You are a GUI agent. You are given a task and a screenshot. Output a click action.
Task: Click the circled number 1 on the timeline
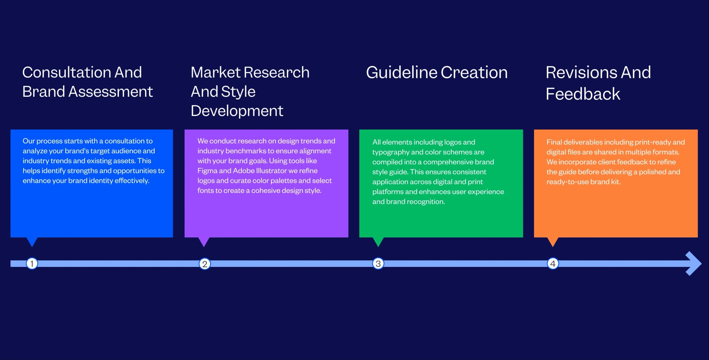(32, 264)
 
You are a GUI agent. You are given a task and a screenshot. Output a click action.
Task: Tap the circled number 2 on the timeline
(205, 264)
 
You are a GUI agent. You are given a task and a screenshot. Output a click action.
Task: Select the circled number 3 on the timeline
(378, 264)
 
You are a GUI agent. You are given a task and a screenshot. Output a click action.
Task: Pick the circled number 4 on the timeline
(552, 264)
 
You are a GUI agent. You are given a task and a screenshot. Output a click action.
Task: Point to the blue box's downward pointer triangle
(32, 241)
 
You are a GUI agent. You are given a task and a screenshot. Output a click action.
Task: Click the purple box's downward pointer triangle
(204, 241)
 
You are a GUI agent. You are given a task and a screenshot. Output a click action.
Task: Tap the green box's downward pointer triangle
(378, 241)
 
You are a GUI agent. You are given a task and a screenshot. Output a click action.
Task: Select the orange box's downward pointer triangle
(552, 241)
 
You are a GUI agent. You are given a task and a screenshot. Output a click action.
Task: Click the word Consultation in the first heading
(66, 72)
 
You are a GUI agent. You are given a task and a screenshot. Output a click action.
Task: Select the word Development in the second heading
(237, 111)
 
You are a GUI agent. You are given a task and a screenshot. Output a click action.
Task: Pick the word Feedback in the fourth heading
(583, 94)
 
